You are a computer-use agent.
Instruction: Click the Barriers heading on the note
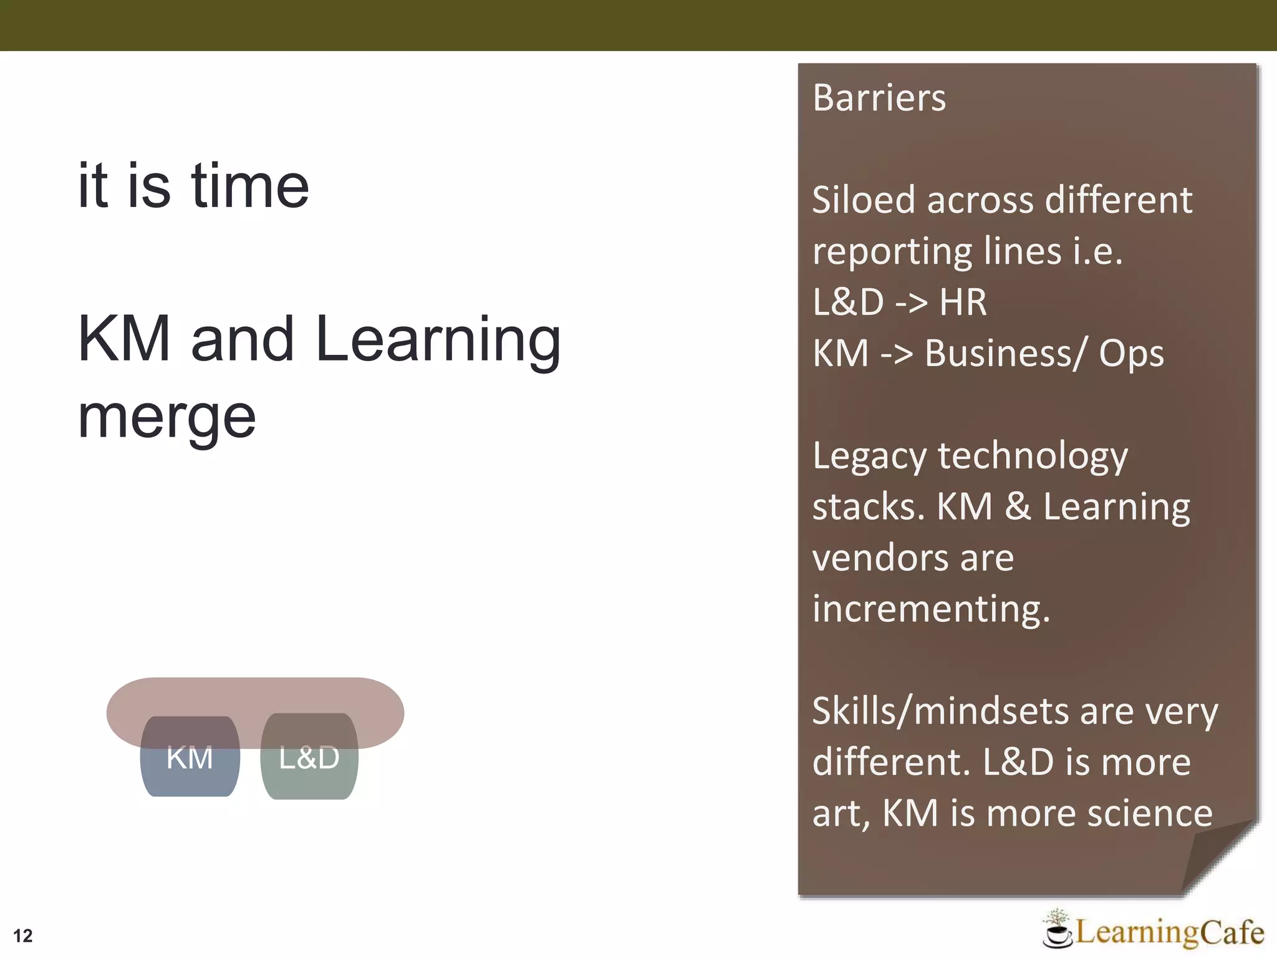879,98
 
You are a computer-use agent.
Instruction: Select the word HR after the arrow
963,302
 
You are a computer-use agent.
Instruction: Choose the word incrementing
930,609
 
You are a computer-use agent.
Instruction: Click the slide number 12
23,936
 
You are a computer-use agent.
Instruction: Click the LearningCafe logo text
1169,932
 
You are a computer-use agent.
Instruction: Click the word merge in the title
166,418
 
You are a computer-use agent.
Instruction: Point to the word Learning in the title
438,340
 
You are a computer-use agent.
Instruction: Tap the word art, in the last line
841,815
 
